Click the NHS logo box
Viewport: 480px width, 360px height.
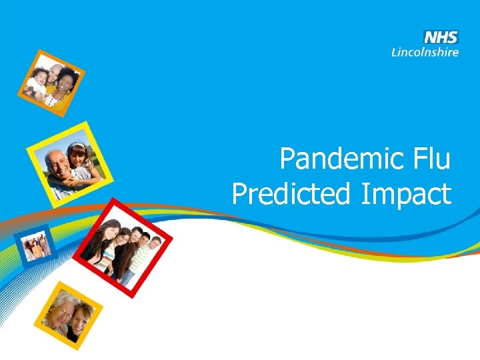click(441, 37)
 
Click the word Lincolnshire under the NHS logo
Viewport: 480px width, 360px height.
click(425, 51)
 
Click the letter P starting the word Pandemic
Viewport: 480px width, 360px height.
click(288, 160)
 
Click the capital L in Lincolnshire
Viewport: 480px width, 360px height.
click(395, 51)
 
